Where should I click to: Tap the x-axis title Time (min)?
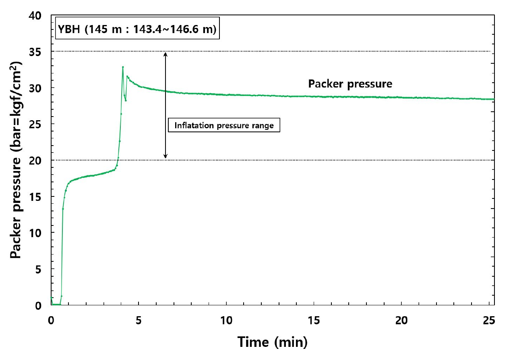pyautogui.click(x=273, y=342)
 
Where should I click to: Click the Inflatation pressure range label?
pyautogui.click(x=224, y=125)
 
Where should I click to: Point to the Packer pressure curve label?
pyautogui.click(x=350, y=84)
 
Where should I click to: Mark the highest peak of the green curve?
pyautogui.click(x=123, y=67)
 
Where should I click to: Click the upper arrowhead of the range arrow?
pyautogui.click(x=165, y=54)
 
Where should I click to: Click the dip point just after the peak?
pyautogui.click(x=126, y=100)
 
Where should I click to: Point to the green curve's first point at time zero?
pyautogui.click(x=52, y=298)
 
